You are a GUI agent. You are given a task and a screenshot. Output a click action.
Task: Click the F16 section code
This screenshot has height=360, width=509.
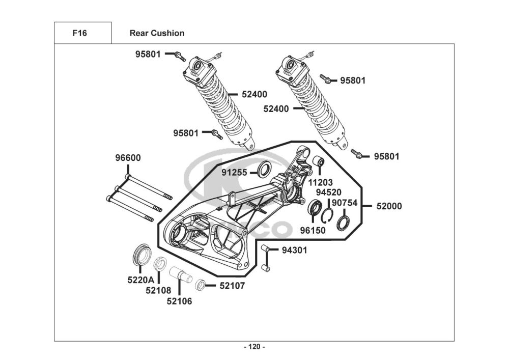point(79,33)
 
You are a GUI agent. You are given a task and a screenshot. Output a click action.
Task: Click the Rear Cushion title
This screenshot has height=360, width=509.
point(157,33)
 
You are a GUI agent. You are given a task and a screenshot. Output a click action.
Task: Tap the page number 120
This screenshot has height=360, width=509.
point(254,347)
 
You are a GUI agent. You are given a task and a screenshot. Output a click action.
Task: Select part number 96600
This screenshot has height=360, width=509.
point(128,158)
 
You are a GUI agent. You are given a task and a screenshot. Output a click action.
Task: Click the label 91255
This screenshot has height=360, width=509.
point(234,173)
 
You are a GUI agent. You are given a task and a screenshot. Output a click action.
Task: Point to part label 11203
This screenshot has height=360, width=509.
point(320,182)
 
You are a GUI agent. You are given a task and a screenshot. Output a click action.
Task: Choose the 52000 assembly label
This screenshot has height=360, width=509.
point(389,206)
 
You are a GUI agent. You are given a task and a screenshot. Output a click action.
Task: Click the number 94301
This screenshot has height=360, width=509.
point(294,250)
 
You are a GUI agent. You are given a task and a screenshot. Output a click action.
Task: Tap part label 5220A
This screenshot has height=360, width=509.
point(141,280)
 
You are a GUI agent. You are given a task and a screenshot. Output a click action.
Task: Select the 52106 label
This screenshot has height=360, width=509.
point(179,301)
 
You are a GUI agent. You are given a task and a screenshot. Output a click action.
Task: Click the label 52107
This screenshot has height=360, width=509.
point(232,286)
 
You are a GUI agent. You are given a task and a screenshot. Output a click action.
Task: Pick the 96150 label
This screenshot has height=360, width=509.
point(313,231)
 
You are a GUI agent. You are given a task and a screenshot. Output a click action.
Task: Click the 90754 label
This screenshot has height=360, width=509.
point(345,203)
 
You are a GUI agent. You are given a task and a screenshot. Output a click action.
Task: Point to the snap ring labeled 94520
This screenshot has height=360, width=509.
point(327,216)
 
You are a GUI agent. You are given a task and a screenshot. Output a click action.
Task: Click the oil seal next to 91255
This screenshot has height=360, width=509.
point(265,169)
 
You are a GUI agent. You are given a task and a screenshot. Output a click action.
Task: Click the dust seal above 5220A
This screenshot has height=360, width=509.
point(142,253)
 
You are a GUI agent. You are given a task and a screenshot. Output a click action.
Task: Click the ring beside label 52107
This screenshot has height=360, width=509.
point(200,284)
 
